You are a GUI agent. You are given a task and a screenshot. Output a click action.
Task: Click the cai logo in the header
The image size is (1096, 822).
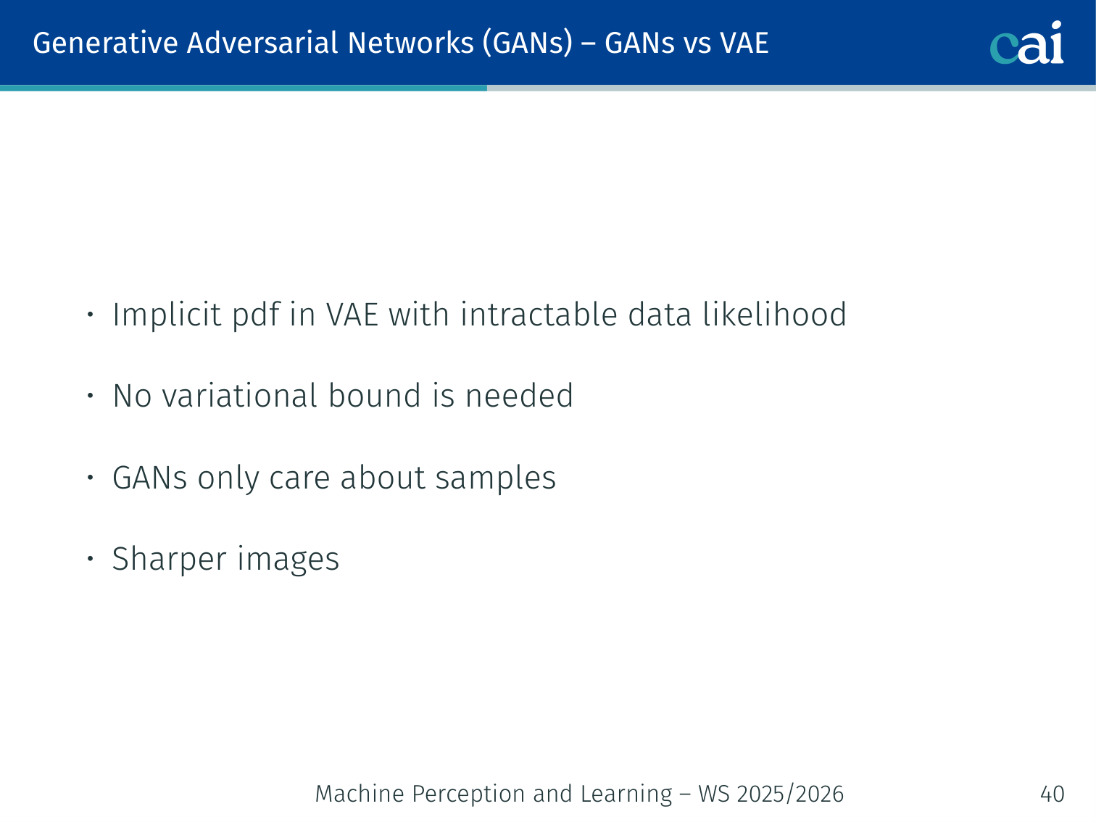pyautogui.click(x=1026, y=43)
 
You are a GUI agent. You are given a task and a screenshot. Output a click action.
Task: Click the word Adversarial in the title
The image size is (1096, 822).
pyautogui.click(x=262, y=43)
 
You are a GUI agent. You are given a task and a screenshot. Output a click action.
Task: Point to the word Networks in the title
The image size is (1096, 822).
pyautogui.click(x=410, y=43)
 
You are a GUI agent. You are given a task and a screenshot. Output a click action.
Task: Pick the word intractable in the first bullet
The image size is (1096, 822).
pyautogui.click(x=539, y=315)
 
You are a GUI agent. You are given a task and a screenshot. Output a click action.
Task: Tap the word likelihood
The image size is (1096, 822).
pyautogui.click(x=774, y=315)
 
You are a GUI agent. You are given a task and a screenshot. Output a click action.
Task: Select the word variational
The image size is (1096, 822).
pyautogui.click(x=240, y=397)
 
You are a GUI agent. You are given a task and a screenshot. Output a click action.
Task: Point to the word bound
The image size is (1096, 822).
pyautogui.click(x=375, y=397)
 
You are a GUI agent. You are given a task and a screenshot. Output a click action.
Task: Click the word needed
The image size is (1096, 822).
pyautogui.click(x=519, y=397)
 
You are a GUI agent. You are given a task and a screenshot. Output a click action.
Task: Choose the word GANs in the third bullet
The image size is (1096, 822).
pyautogui.click(x=150, y=478)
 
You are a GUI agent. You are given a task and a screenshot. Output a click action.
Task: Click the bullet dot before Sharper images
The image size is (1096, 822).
pyautogui.click(x=91, y=559)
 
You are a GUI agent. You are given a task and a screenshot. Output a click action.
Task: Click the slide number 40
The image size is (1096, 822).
pyautogui.click(x=1052, y=794)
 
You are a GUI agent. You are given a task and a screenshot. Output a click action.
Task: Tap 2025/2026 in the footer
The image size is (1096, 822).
pyautogui.click(x=790, y=794)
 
